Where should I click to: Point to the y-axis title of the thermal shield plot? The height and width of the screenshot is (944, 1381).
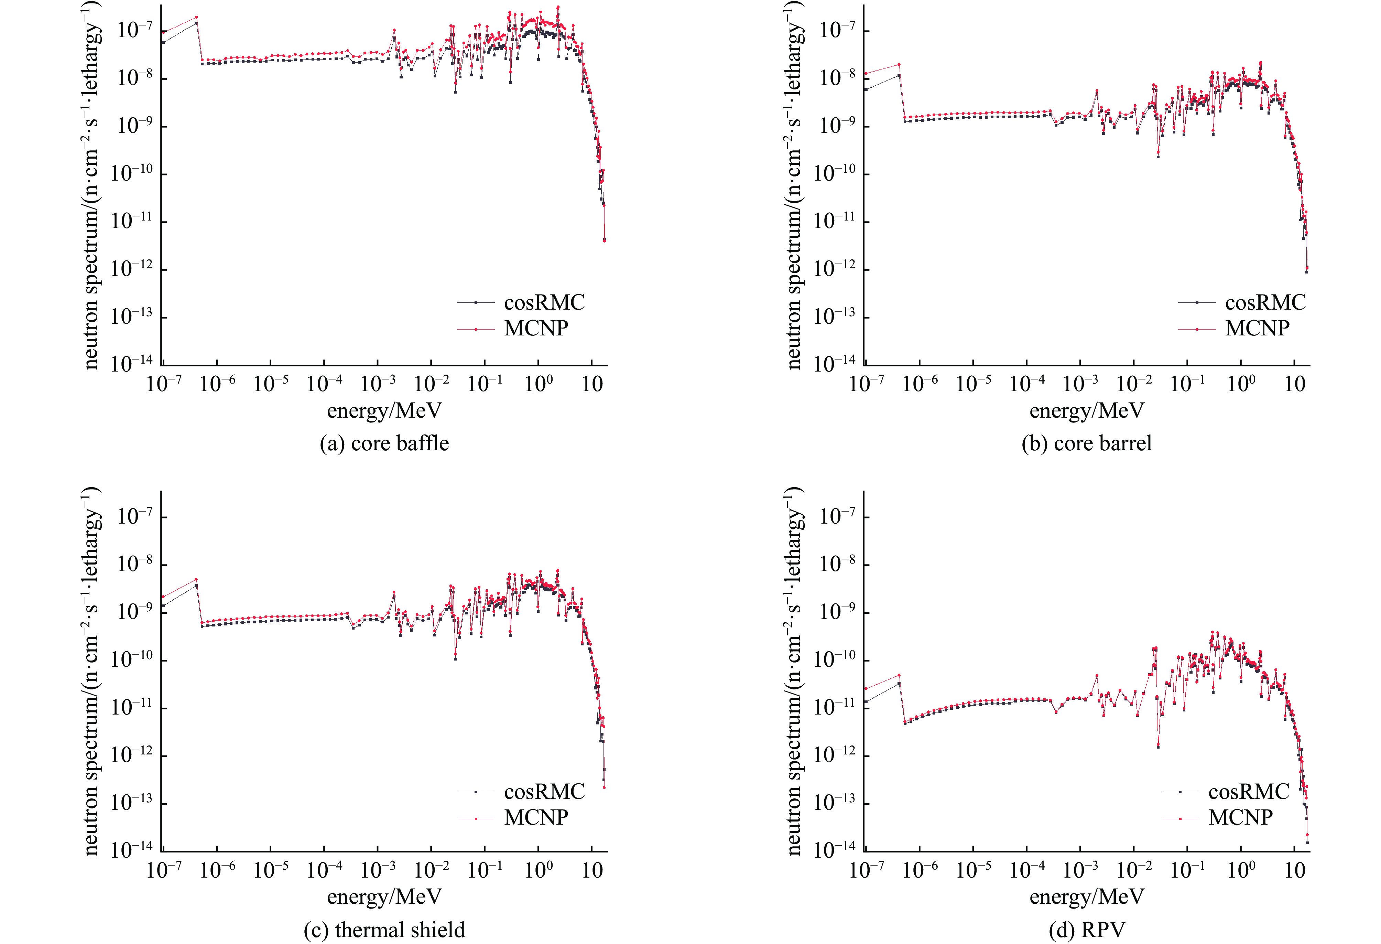91,672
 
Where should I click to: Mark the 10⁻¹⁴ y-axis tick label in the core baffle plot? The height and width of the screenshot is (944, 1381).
132,363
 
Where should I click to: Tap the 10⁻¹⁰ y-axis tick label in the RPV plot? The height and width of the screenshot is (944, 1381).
834,659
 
